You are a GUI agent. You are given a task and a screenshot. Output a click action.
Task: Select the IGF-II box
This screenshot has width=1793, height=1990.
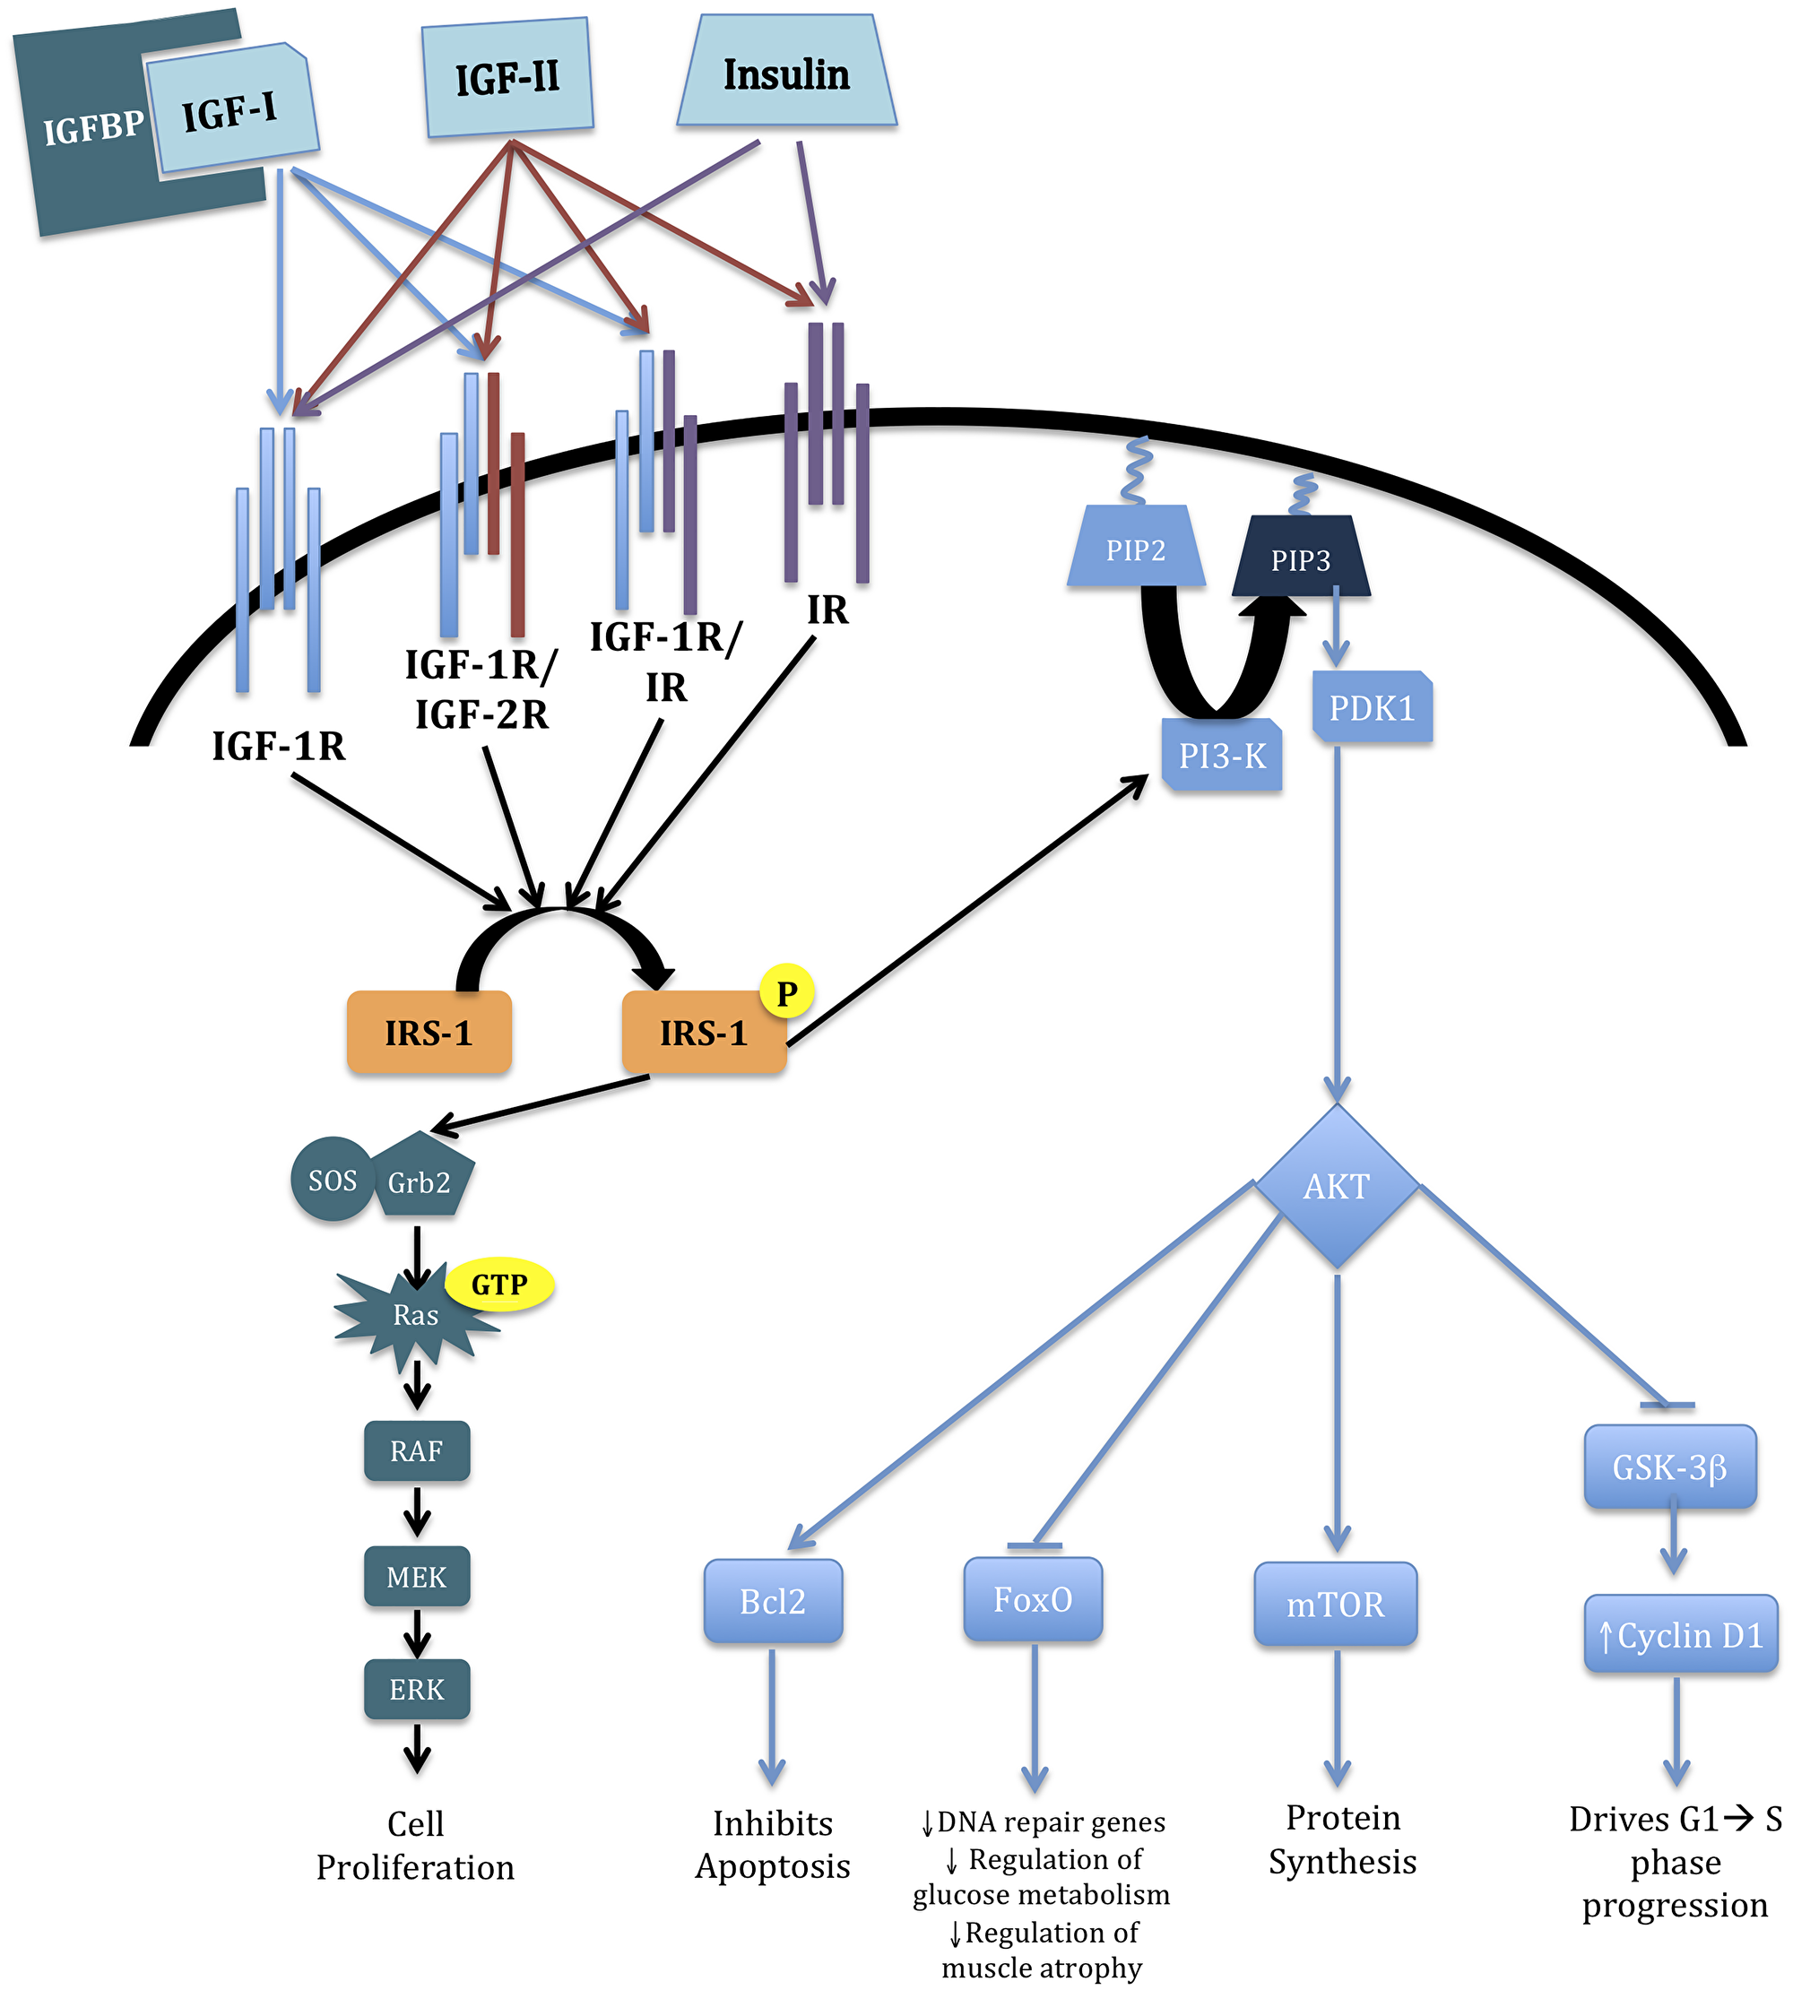coord(507,77)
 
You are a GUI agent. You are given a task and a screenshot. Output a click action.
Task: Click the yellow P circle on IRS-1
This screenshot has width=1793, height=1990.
coord(786,993)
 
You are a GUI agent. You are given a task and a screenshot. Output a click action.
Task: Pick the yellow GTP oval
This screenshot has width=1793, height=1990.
coord(499,1285)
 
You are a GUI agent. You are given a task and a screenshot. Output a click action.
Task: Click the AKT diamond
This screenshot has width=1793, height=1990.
coord(1336,1186)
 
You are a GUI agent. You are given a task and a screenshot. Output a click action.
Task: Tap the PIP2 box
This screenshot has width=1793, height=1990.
coord(1136,549)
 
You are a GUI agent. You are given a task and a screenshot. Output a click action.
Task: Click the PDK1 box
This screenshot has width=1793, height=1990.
coord(1372,707)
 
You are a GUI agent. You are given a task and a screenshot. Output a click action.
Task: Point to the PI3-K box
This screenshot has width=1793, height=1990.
coord(1222,756)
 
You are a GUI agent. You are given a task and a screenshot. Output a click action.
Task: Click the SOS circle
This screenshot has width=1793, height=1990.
coord(332,1180)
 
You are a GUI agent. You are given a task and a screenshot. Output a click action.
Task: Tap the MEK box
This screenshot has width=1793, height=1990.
coord(417,1576)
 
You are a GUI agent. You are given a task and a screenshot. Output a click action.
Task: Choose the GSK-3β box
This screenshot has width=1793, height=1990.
coord(1670,1467)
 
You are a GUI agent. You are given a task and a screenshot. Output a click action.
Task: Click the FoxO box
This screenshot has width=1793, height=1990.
coord(1033,1599)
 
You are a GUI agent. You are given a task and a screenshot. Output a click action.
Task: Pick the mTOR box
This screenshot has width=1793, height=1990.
coord(1335,1604)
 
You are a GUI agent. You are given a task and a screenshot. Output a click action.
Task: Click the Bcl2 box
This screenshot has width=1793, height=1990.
coord(773,1601)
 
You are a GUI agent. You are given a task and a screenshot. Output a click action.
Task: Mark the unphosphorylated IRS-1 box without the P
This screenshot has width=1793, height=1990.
coord(429,1033)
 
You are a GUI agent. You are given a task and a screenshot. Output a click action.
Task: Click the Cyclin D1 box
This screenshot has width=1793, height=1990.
coord(1680,1635)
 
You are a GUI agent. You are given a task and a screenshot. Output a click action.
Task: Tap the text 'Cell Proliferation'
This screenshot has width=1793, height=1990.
coord(415,1845)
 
